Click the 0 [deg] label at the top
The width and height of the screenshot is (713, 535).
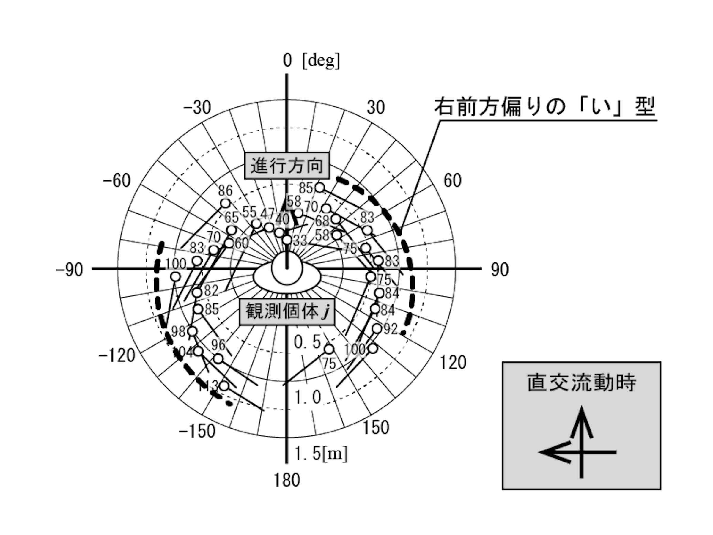(311, 60)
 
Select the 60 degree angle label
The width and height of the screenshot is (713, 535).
(452, 180)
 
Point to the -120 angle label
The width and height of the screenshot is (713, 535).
(117, 356)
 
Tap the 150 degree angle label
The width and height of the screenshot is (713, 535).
(376, 428)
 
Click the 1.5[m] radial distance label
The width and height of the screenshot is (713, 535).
(321, 454)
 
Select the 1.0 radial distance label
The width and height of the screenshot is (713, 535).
(308, 397)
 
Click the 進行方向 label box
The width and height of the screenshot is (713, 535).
(287, 166)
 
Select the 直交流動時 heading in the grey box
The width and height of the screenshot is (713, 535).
(582, 383)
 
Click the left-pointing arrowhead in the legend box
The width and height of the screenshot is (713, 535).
(550, 452)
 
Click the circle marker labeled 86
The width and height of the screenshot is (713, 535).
(225, 203)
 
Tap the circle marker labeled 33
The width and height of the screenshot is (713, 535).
(287, 240)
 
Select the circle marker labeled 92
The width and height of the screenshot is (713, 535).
(377, 328)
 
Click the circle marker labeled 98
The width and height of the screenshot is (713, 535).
(192, 331)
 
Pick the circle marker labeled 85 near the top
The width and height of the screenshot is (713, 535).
(319, 187)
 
